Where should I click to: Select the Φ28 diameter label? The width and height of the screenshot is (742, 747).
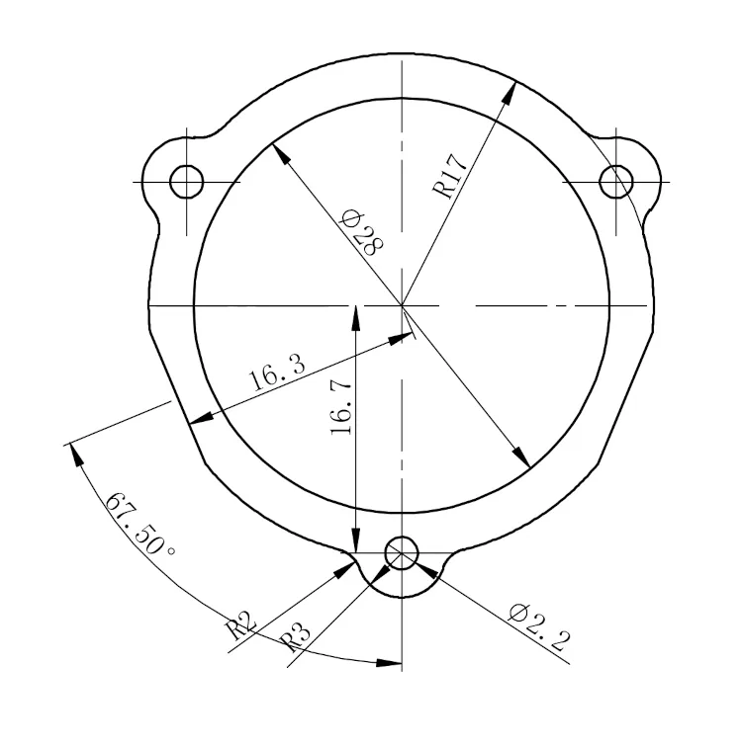click(359, 234)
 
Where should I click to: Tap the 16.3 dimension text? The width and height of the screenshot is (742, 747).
click(277, 375)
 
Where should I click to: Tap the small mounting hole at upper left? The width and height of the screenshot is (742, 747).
click(186, 181)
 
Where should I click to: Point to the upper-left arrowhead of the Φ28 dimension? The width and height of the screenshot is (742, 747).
click(278, 150)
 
